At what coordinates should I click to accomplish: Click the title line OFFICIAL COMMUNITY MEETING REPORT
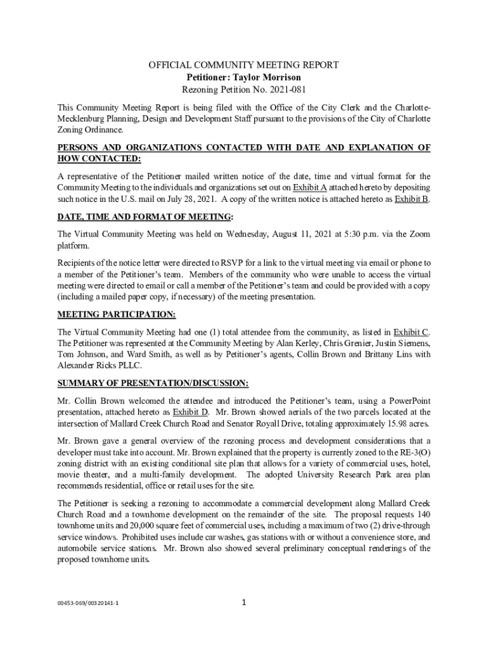coord(243,65)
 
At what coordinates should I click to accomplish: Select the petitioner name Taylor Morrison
coord(266,78)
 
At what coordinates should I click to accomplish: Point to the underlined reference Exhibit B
coord(412,199)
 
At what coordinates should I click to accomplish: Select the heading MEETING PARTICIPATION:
coord(117,315)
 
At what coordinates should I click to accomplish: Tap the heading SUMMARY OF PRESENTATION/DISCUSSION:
coord(153,383)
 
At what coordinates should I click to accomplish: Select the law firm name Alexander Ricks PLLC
coord(100,366)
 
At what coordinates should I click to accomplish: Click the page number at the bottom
coord(244,602)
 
